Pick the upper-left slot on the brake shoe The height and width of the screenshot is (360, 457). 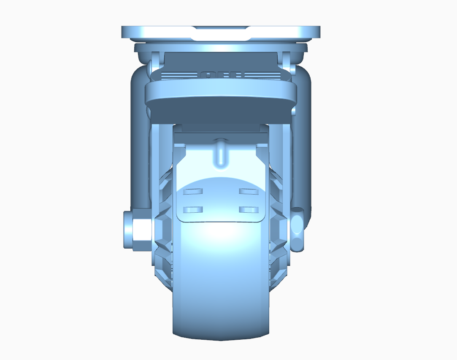coord(194,192)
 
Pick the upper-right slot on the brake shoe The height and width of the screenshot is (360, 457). coord(248,192)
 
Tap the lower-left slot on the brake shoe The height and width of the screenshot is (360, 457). coord(194,209)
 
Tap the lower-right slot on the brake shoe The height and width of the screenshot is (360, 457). coord(248,209)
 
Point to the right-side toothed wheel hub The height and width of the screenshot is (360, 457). coord(279,228)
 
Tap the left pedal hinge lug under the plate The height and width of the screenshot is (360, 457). coord(155,61)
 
